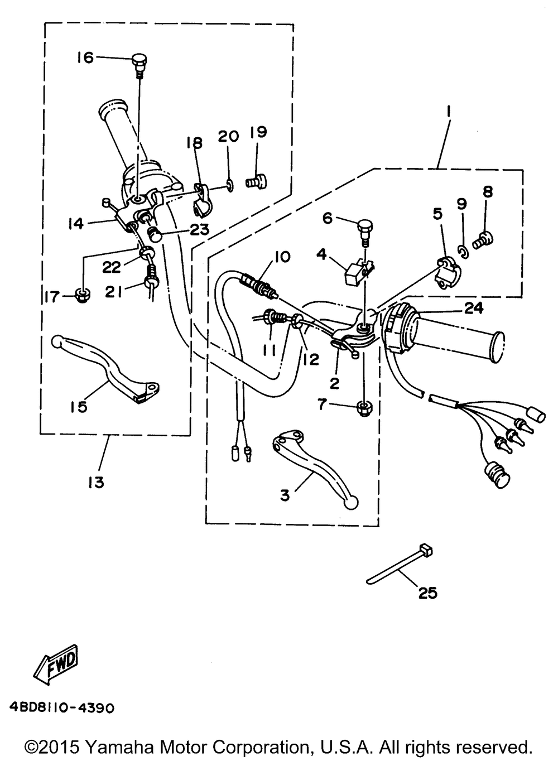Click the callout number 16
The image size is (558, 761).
pyautogui.click(x=85, y=57)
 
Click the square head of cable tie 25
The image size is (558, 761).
pyautogui.click(x=426, y=550)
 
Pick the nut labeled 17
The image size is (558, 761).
pyautogui.click(x=82, y=296)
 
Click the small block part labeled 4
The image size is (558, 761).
pyautogui.click(x=359, y=272)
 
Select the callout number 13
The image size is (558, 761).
pyautogui.click(x=96, y=482)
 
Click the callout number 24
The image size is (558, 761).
pyautogui.click(x=473, y=308)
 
